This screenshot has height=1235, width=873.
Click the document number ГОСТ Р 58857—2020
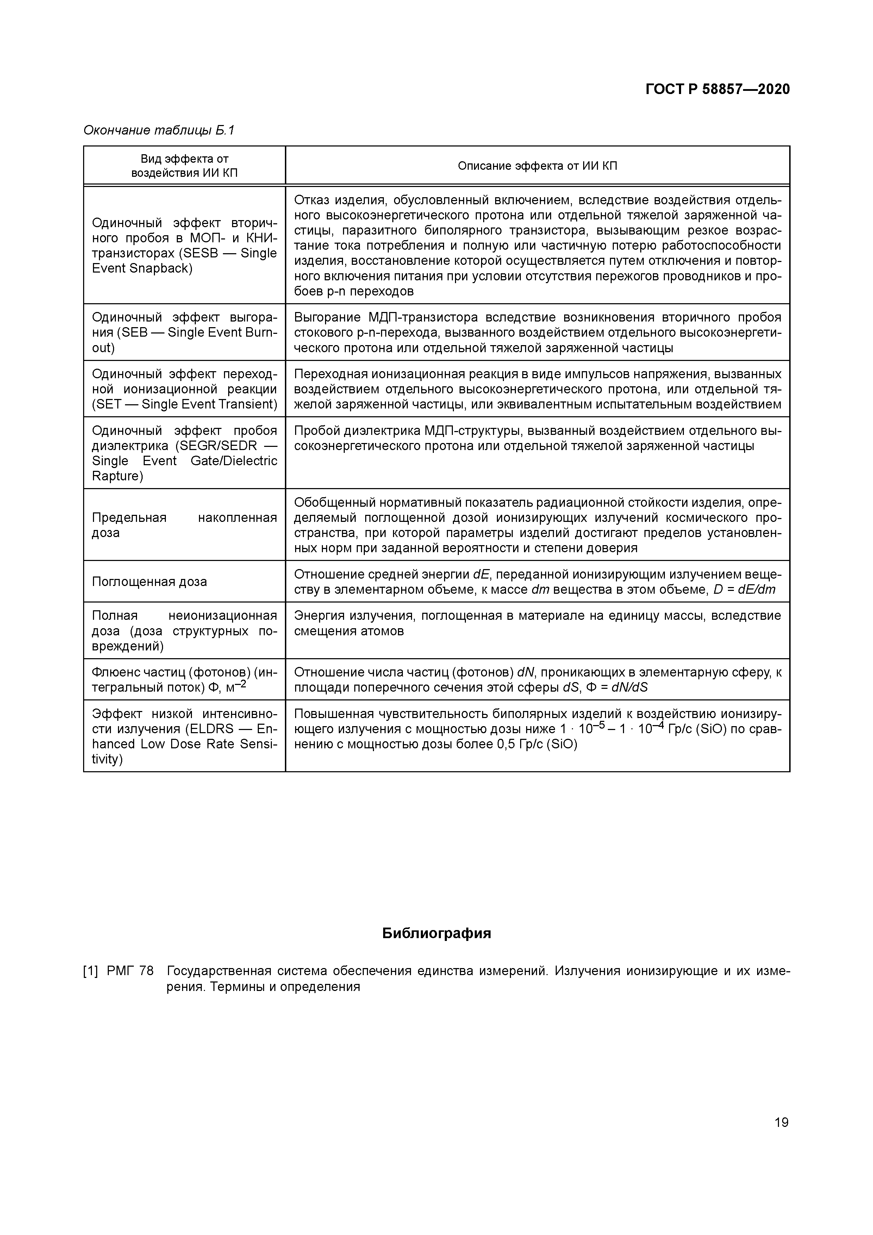718,89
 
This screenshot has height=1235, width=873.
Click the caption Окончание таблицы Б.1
159,130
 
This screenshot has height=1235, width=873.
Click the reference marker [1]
91,971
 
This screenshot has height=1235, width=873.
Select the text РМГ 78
130,971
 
